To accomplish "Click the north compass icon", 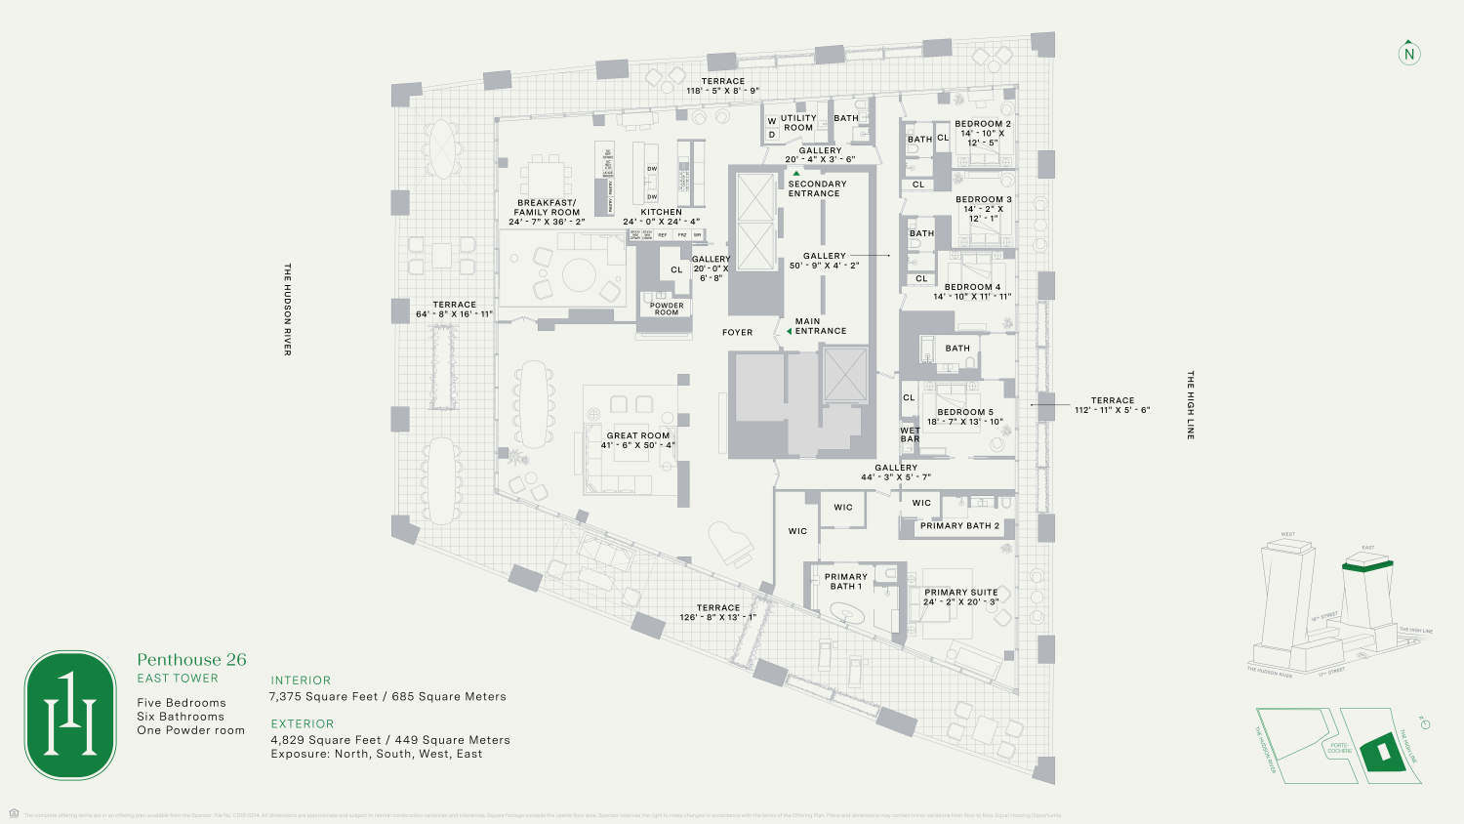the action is coord(1408,54).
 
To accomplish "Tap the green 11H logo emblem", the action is coord(70,716).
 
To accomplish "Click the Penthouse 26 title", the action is coord(191,660).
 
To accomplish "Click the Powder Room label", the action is coord(667,309).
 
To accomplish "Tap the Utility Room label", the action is coord(797,123).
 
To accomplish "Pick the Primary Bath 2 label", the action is coord(960,525).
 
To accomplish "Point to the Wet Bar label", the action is coord(910,434).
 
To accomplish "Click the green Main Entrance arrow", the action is coord(789,331).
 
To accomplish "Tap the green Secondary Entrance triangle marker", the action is coord(796,173).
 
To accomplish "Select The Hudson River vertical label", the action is coord(287,309).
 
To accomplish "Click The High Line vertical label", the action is coord(1190,404).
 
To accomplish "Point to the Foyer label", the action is coord(738,332).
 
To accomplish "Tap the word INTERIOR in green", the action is coord(301,680).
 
